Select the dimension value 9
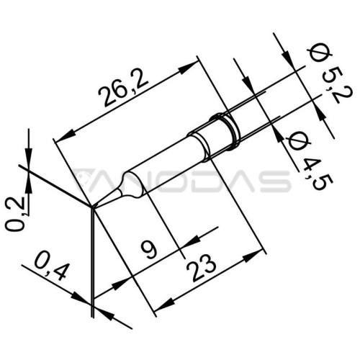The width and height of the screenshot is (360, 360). click(x=148, y=250)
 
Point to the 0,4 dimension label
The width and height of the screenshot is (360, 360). click(x=50, y=267)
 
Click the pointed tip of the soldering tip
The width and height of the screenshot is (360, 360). click(x=92, y=207)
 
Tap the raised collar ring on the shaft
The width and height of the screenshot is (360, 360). click(x=225, y=132)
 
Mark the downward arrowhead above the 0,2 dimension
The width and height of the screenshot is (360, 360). click(x=29, y=157)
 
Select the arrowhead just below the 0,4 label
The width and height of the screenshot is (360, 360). click(x=81, y=297)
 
